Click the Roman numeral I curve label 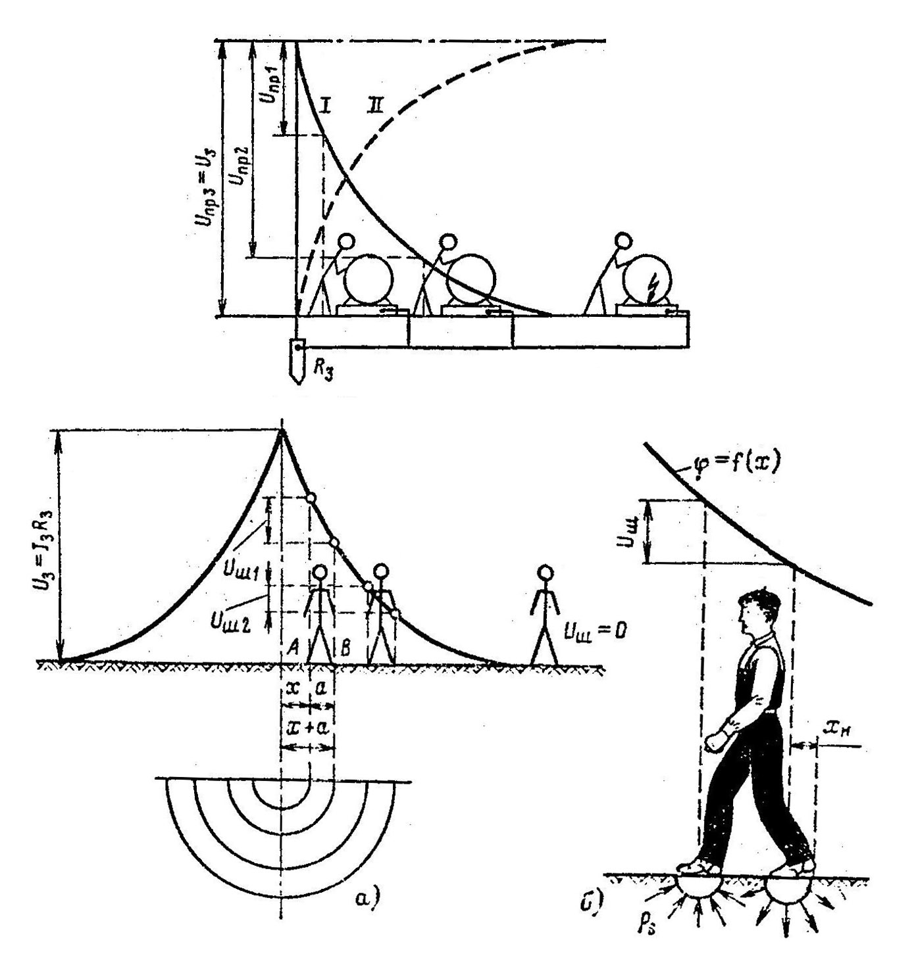(x=325, y=106)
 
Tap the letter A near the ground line (x=294, y=647)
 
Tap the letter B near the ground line (x=344, y=648)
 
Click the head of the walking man (x=757, y=611)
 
